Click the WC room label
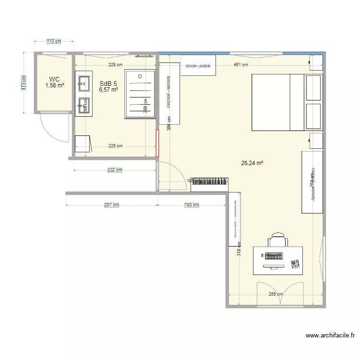54,79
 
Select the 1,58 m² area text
55,85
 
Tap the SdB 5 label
108,83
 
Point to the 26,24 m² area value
252,163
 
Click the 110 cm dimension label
54,41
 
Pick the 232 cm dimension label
115,170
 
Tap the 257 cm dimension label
111,205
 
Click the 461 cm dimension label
240,64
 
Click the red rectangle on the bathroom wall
157,143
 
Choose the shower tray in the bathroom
140,94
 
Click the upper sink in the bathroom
84,82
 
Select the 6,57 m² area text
108,89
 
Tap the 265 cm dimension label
275,295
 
